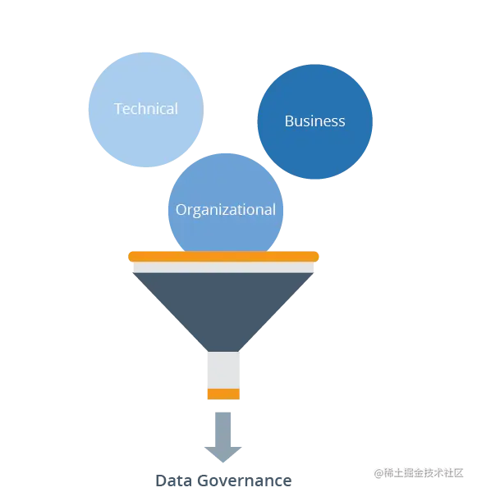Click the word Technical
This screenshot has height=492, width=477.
click(x=146, y=109)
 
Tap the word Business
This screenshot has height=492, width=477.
click(x=315, y=121)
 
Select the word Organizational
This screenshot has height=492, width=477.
click(x=226, y=210)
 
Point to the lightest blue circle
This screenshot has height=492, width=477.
click(x=146, y=110)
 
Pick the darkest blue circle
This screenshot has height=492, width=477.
click(x=315, y=121)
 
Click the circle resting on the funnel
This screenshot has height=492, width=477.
click(x=226, y=201)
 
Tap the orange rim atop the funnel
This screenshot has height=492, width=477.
click(x=223, y=257)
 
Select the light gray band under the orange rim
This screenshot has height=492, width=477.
click(x=223, y=267)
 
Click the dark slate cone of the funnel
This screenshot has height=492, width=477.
click(x=223, y=307)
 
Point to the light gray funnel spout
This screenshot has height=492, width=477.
click(x=223, y=371)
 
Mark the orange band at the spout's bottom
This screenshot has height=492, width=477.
click(x=223, y=394)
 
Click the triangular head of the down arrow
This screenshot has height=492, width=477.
click(x=223, y=453)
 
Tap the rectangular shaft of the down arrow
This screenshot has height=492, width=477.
click(x=223, y=430)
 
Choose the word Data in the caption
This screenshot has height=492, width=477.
click(x=174, y=481)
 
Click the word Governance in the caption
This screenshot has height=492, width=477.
click(x=245, y=481)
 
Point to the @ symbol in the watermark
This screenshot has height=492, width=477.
click(x=379, y=473)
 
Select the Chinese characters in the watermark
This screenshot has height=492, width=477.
click(x=424, y=473)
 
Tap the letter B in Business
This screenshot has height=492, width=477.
click(x=289, y=121)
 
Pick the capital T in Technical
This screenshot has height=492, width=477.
click(x=118, y=109)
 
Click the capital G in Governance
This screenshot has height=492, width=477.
click(x=204, y=481)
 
